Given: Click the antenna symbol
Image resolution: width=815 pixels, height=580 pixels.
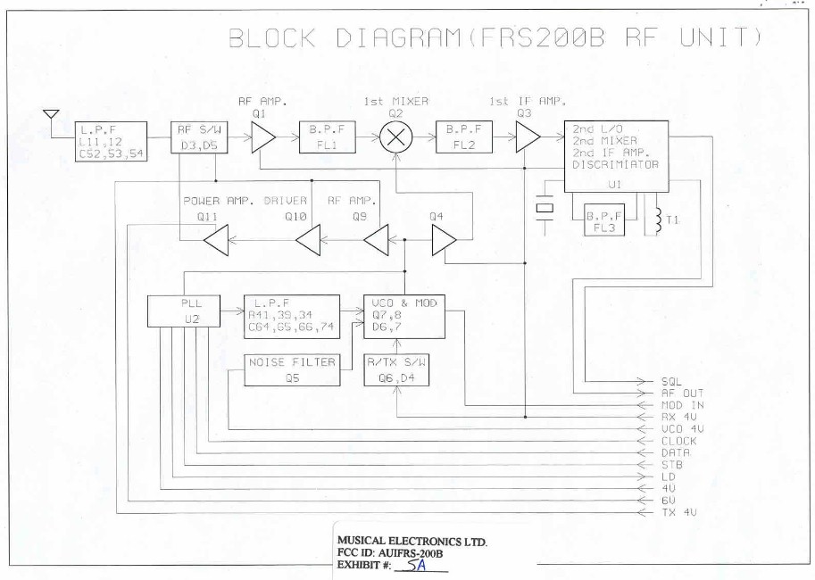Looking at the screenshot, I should [51, 116].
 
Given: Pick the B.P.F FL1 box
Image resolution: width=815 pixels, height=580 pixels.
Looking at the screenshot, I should [328, 138].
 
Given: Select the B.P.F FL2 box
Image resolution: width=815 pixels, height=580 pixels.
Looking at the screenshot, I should [462, 138].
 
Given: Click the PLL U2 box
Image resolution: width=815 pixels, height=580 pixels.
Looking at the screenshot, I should [185, 311].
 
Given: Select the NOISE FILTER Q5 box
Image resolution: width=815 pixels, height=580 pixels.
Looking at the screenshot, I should [292, 369].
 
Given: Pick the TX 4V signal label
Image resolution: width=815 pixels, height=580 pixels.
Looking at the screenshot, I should [676, 512].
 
